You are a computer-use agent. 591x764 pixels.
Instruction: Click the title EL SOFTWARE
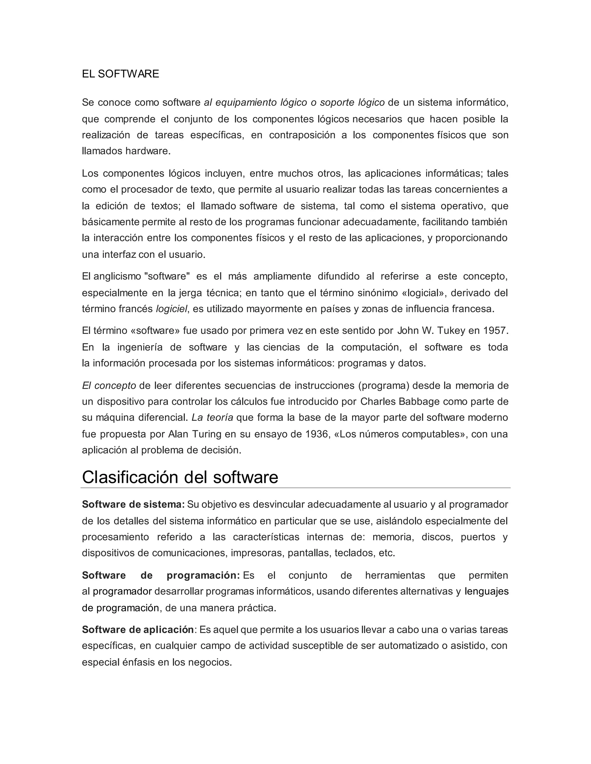tap(120, 74)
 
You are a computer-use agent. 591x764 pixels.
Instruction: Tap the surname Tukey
tap(455, 331)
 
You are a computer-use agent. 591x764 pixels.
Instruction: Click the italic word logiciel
tap(172, 309)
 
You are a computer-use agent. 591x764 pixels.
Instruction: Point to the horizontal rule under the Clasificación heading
tap(295, 488)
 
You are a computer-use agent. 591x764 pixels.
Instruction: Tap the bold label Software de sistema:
tap(133, 505)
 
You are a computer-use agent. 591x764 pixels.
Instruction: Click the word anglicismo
tap(117, 276)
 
